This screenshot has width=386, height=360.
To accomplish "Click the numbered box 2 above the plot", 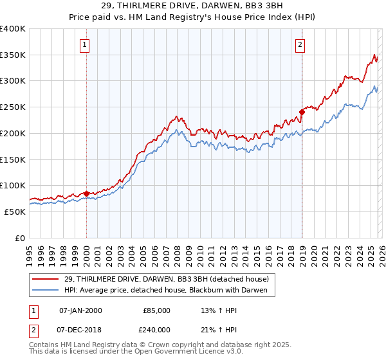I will (300, 44).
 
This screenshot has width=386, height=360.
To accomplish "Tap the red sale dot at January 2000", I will (86, 193).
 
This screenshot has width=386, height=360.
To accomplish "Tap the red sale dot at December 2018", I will (302, 112).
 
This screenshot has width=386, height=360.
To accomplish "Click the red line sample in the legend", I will (46, 279).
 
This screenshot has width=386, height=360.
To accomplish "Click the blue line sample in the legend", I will (46, 291).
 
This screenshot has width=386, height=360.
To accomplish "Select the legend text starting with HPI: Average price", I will (169, 291).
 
